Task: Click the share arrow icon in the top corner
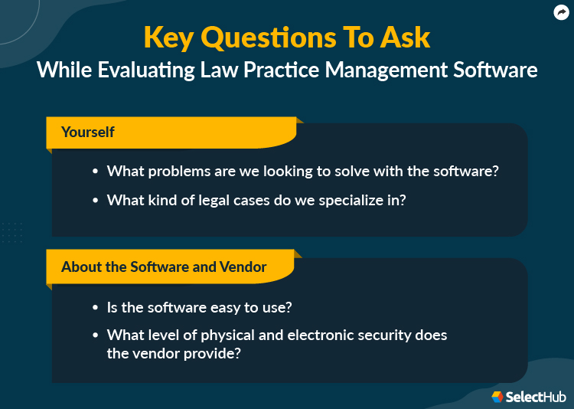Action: point(561,11)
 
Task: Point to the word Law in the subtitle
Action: point(201,70)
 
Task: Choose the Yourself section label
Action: point(88,132)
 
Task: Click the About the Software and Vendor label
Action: point(164,267)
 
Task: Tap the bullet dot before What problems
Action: point(95,172)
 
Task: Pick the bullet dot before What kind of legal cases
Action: point(95,201)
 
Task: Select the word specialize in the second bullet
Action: point(347,200)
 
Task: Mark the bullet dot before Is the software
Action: point(95,308)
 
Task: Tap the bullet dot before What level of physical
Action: point(95,336)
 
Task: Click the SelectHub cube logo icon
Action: point(497,396)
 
